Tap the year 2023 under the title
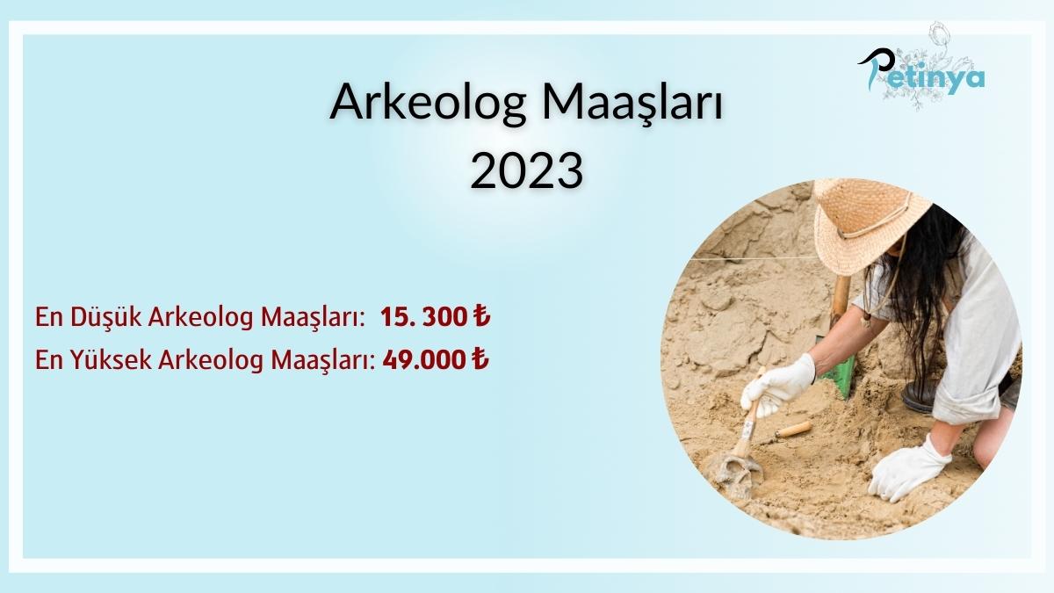527,170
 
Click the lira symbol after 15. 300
480,319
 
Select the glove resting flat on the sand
909,466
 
